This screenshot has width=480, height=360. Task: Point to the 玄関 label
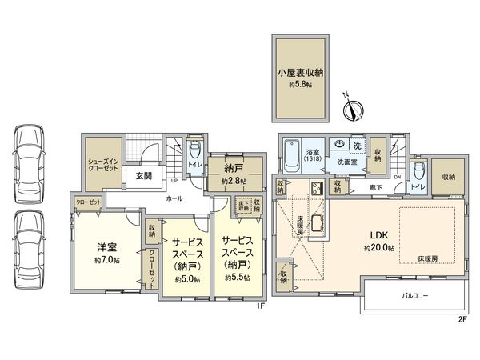(x=143, y=175)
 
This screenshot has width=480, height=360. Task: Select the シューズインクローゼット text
(x=105, y=165)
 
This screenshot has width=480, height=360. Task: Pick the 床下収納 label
(x=242, y=206)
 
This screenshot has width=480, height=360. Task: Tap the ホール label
(x=174, y=198)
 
